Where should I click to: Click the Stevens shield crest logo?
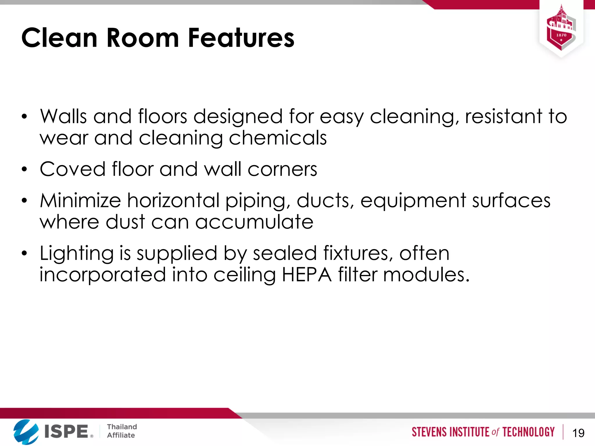(561, 29)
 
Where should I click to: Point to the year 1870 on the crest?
(561, 35)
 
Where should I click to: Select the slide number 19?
(578, 433)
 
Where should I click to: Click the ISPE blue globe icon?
(26, 431)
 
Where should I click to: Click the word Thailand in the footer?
(122, 427)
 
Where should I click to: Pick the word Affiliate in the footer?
(121, 435)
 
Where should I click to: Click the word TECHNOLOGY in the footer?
(528, 432)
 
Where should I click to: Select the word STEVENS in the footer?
(429, 432)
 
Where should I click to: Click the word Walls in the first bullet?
(63, 116)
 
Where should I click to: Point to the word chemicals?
(278, 138)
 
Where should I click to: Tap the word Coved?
(73, 169)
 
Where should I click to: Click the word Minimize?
(80, 201)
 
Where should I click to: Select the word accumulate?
(254, 222)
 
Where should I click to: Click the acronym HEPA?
(307, 275)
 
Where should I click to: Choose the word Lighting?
(77, 253)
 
